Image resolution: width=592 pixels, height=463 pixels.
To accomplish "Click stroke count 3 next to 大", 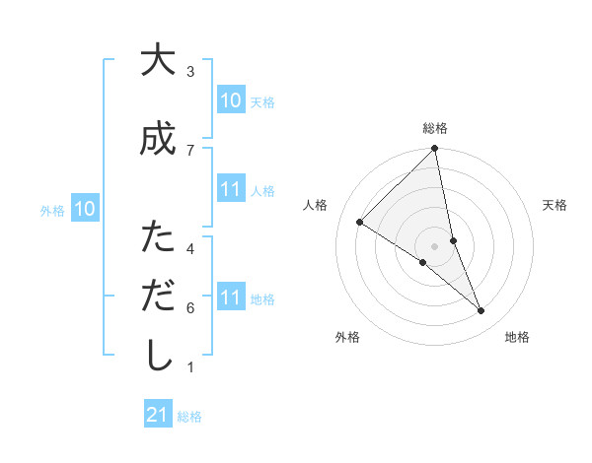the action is point(190,72).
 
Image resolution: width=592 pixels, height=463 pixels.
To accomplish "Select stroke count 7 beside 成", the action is point(190,150).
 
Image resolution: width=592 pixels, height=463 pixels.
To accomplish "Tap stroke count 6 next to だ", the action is point(190,307).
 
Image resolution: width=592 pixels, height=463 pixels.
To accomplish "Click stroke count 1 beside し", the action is point(190,367).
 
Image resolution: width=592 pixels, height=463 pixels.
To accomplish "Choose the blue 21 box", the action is point(158,415).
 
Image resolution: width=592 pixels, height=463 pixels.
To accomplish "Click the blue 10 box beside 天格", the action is point(231,100).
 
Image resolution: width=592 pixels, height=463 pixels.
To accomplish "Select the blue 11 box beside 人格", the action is point(231,189).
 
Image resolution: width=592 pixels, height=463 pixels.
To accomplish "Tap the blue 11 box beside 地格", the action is point(231,298).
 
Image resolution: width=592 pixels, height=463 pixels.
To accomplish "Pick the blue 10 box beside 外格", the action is point(85,209).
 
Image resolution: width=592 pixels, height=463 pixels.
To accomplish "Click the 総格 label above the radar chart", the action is point(435,128).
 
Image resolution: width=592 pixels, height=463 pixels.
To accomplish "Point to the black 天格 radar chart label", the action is point(555,205).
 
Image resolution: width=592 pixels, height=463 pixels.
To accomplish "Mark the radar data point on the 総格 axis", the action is point(435,149).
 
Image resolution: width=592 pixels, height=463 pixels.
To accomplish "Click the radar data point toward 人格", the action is point(360,223).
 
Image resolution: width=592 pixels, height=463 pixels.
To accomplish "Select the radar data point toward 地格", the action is point(481,311).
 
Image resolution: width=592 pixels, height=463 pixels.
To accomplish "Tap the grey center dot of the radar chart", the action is point(435,246).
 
